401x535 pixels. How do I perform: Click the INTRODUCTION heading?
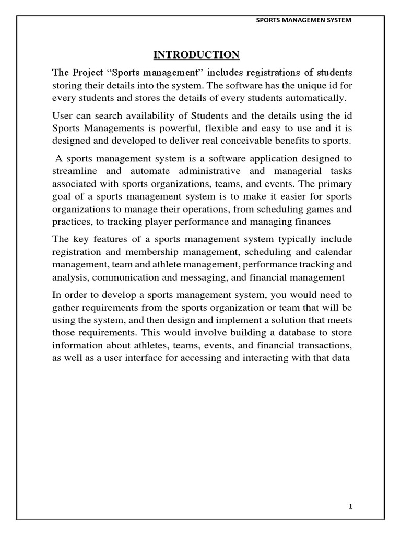(196, 55)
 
